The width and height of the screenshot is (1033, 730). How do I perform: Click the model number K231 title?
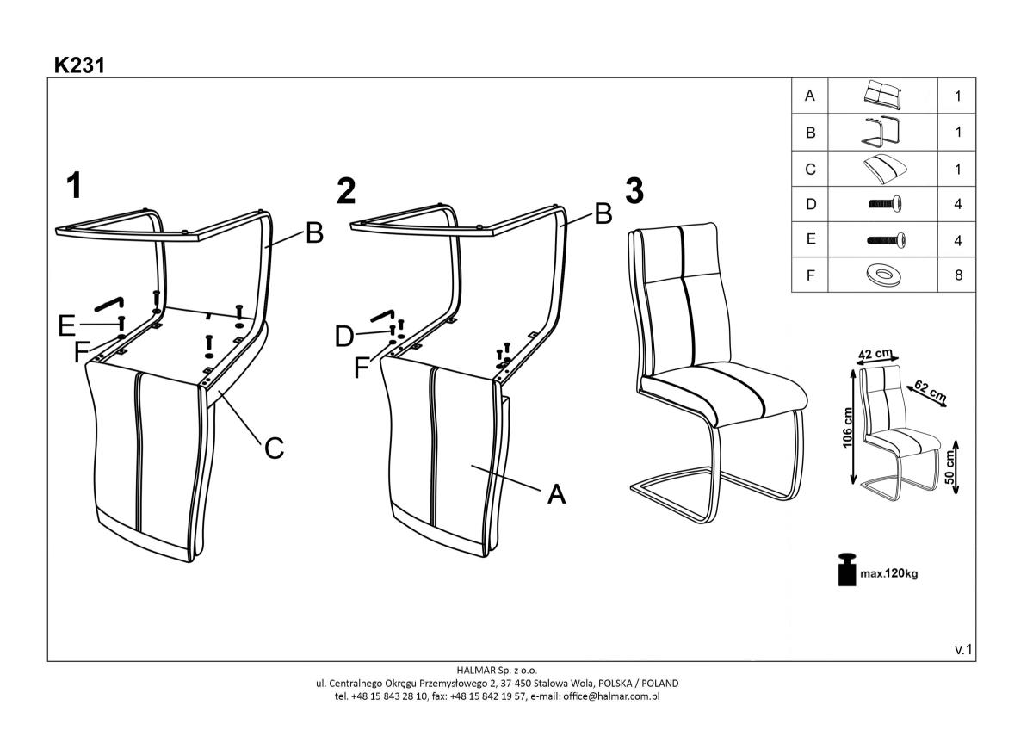click(78, 65)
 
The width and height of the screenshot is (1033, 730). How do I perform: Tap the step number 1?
click(77, 185)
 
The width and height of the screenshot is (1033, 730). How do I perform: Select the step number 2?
click(346, 192)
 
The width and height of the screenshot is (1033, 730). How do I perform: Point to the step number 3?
click(634, 191)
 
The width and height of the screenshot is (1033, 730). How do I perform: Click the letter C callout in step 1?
click(274, 449)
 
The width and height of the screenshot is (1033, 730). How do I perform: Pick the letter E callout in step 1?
click(66, 325)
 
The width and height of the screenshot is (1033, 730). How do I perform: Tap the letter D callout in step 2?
click(344, 337)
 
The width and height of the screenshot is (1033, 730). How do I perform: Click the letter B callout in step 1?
click(314, 232)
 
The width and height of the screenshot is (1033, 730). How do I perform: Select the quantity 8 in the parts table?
click(957, 276)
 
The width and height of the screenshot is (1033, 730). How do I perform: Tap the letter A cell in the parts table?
click(809, 96)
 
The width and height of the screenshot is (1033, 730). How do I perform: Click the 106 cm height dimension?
click(847, 424)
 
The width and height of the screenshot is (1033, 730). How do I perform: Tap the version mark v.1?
click(963, 650)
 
